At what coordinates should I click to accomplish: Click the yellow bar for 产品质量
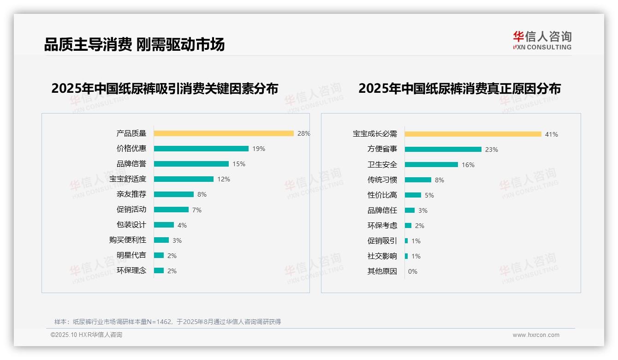point(224,133)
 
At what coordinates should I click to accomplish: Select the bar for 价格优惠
point(201,149)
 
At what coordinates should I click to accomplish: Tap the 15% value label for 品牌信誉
point(239,164)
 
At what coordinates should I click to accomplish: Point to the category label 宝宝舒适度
point(128,179)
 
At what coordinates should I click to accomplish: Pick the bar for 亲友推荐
point(174,194)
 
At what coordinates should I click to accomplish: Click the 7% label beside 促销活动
point(197,210)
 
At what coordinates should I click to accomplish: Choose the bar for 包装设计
point(164,225)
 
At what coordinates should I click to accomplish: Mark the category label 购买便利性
point(128,240)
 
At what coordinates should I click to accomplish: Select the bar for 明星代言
point(159,255)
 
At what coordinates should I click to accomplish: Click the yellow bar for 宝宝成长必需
point(473,134)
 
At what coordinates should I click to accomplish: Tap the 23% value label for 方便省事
point(492,150)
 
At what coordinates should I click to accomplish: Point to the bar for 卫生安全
point(431,164)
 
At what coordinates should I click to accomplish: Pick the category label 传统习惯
point(382,180)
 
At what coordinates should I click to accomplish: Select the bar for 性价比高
point(413,195)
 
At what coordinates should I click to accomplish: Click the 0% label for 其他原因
point(413,271)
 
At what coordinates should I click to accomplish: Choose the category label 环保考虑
point(382,226)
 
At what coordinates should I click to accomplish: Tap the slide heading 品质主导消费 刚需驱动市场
point(134,44)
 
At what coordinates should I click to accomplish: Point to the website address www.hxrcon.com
point(536,335)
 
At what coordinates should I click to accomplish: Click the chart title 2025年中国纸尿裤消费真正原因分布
point(459,89)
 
